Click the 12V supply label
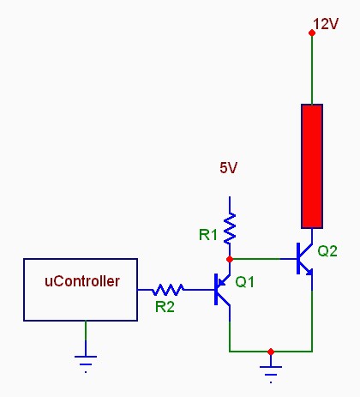[326, 24]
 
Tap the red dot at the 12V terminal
[312, 33]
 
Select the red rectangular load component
[312, 166]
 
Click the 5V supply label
[228, 167]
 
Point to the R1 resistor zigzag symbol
[230, 229]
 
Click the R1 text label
[207, 235]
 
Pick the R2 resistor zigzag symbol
[168, 290]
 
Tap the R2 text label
[165, 307]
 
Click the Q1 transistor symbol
[222, 289]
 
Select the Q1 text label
[244, 282]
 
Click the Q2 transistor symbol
[304, 259]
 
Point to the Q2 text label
[327, 251]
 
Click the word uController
[82, 281]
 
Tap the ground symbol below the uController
[86, 364]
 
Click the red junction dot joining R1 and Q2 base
[230, 259]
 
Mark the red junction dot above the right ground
[271, 352]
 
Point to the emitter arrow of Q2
[309, 272]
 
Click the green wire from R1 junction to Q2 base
[256, 259]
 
